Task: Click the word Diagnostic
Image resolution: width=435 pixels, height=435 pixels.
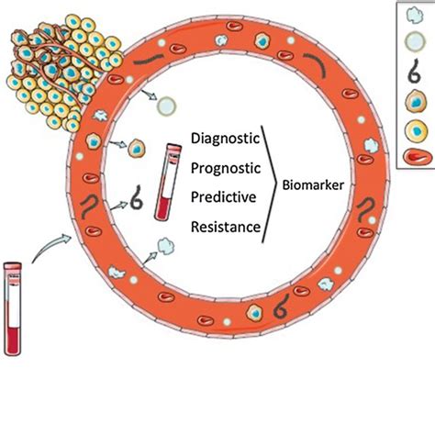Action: (225, 139)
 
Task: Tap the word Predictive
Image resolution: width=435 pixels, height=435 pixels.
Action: (223, 197)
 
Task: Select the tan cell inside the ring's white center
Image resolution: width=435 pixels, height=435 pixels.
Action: (138, 147)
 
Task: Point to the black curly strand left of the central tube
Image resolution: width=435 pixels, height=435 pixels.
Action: (138, 195)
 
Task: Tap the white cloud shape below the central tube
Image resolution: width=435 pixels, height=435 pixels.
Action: (166, 246)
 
